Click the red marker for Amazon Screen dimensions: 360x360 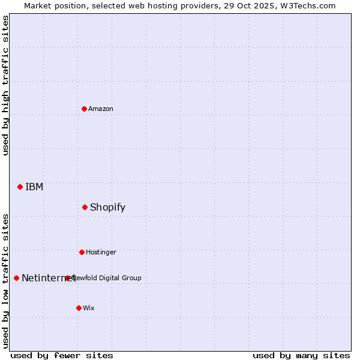coord(84,109)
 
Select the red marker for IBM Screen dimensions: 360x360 coord(20,187)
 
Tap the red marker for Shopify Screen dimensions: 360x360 coord(85,207)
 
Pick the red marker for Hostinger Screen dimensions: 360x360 coord(82,252)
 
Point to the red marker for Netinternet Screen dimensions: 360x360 coord(16,278)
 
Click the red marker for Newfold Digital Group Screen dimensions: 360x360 coord(67,278)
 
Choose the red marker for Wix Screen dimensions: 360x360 coord(79,308)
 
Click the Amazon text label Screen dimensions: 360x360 coord(101,109)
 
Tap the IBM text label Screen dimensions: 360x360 coord(34,187)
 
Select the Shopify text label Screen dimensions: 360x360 coord(107,207)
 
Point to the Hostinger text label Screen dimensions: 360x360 coord(101,252)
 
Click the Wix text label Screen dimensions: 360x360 coord(89,308)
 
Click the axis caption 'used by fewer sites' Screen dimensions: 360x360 coord(62,355)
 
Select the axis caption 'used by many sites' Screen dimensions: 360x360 coord(301,355)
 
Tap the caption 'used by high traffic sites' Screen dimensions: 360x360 coord(6,85)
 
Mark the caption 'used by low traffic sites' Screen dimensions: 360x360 coord(6,280)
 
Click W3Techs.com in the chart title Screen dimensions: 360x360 coord(306,5)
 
